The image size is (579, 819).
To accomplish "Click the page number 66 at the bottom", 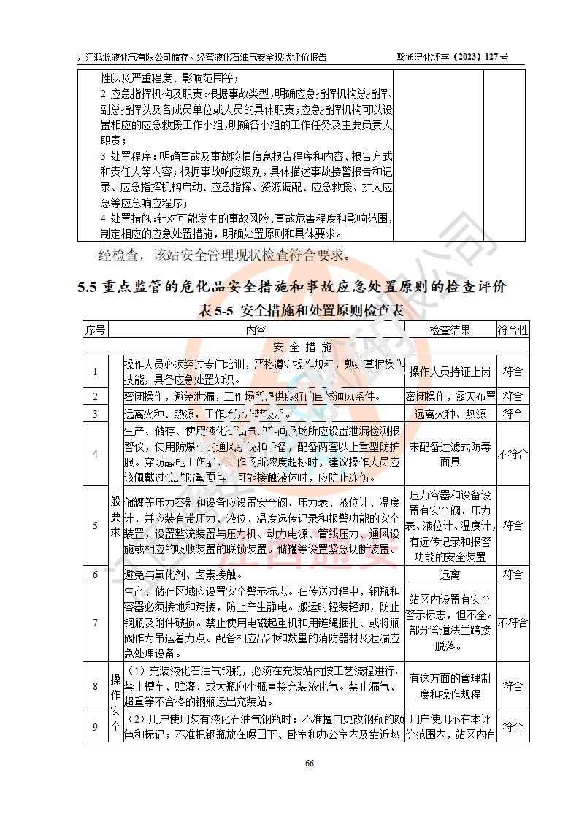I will pyautogui.click(x=309, y=764).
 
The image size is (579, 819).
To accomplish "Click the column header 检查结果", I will pyautogui.click(x=450, y=330).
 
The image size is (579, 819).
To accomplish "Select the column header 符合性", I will pyautogui.click(x=513, y=330).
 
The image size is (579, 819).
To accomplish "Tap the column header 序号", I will pyautogui.click(x=95, y=330).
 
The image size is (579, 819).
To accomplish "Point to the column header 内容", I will pyautogui.click(x=256, y=330).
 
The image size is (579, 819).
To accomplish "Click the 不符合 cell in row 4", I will pyautogui.click(x=513, y=454).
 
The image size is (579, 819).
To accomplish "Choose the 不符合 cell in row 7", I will pyautogui.click(x=513, y=623).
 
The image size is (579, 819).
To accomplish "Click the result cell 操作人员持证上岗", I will pyautogui.click(x=450, y=372).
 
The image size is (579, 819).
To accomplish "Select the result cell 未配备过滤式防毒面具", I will pyautogui.click(x=450, y=454).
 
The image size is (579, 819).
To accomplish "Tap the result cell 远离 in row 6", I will pyautogui.click(x=450, y=574).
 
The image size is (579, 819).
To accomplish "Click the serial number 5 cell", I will pyautogui.click(x=95, y=526).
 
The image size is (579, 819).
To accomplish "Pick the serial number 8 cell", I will pyautogui.click(x=95, y=686).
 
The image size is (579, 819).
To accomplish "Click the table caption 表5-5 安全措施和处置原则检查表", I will pyautogui.click(x=301, y=310).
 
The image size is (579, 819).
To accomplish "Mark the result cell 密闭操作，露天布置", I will pyautogui.click(x=450, y=396).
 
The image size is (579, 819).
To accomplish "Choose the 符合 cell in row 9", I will pyautogui.click(x=513, y=727).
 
